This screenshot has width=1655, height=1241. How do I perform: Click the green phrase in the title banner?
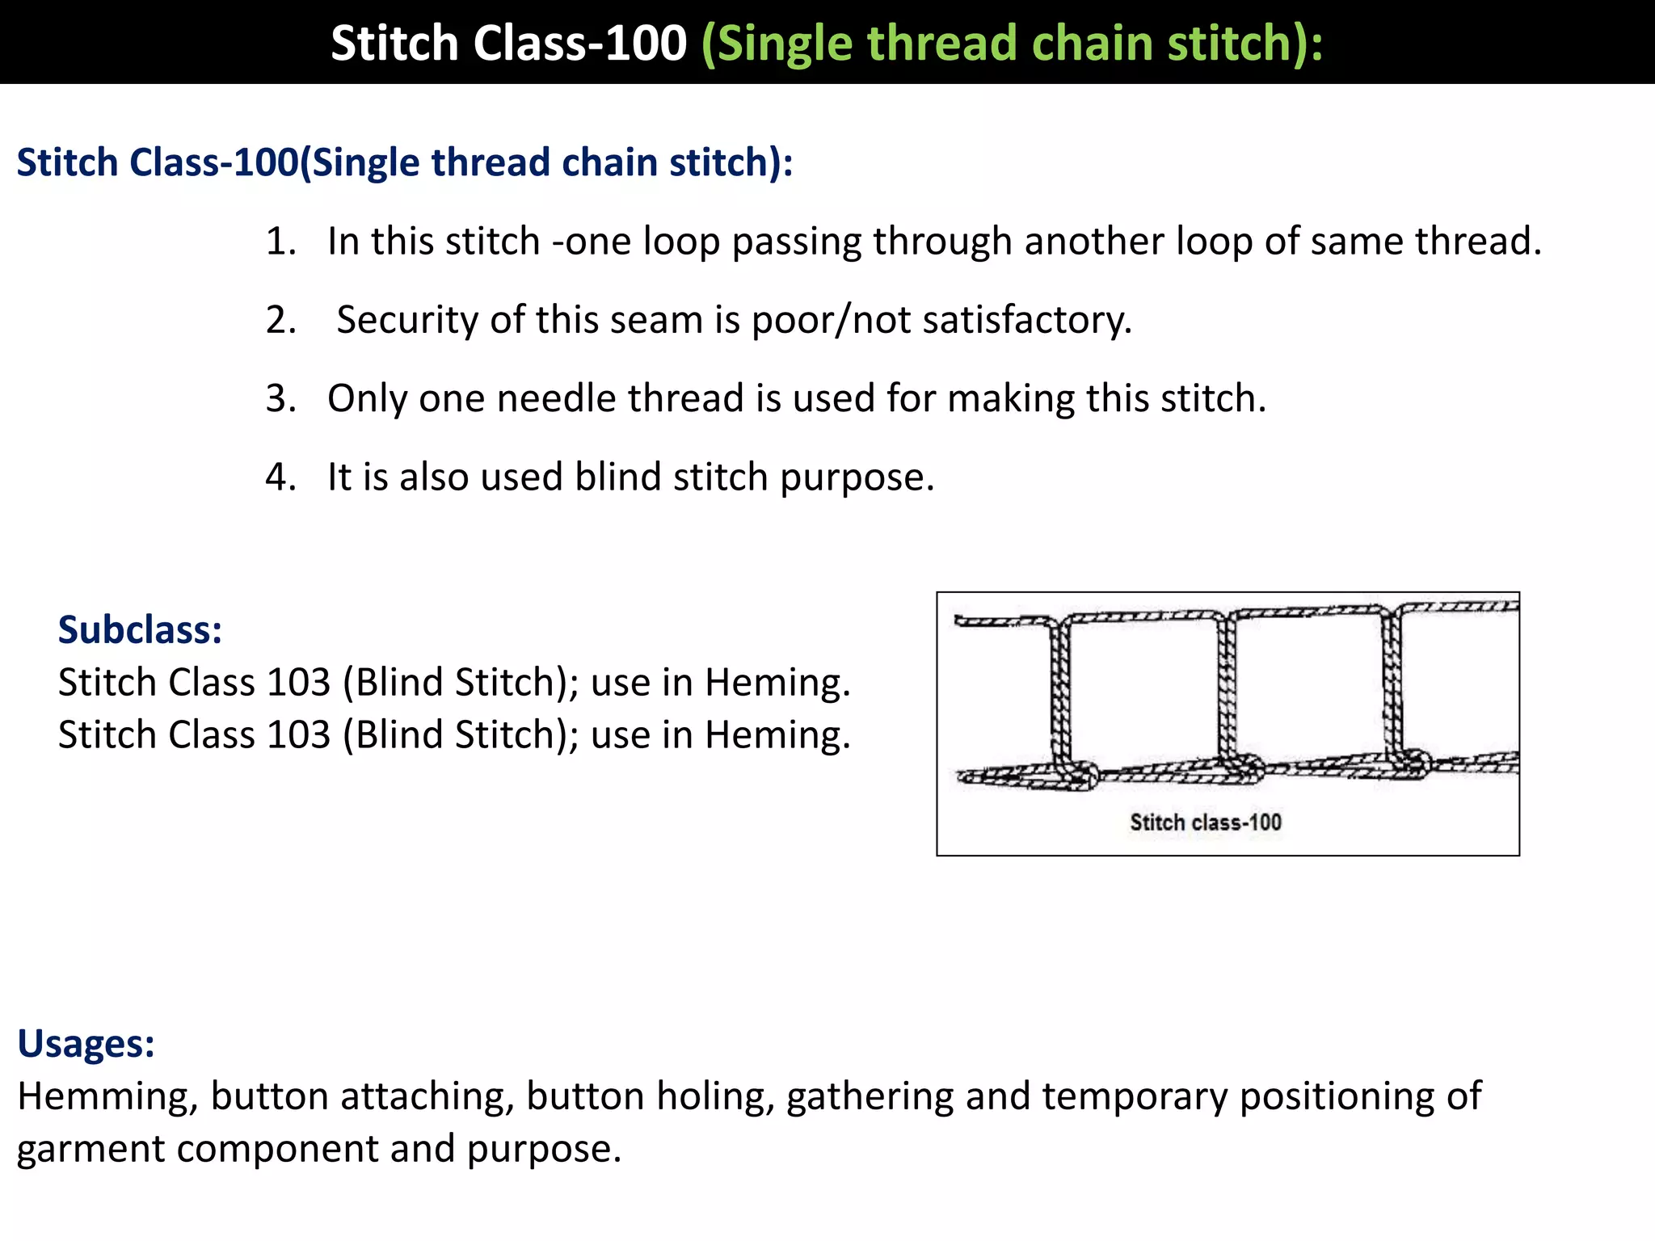[x=1012, y=43]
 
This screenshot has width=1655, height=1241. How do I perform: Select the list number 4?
[x=280, y=477]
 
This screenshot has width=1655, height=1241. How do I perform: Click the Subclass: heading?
[x=140, y=629]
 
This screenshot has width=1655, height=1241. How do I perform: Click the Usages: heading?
[x=86, y=1043]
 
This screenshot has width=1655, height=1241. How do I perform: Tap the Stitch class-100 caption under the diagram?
[x=1205, y=822]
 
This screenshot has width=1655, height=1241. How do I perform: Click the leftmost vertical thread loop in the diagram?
[x=1060, y=695]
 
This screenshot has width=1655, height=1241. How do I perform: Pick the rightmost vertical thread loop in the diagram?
[x=1392, y=687]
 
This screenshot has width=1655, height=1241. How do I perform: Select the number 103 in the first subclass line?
[x=299, y=683]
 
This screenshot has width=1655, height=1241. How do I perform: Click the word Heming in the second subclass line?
[x=777, y=735]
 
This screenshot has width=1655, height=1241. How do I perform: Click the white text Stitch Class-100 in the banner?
[x=508, y=43]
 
